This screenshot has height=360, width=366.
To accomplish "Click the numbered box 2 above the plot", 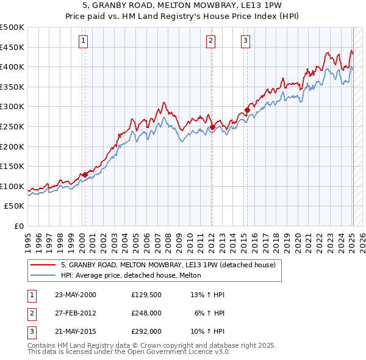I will click(x=210, y=41).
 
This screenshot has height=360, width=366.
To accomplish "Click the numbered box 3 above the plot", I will click(x=245, y=41).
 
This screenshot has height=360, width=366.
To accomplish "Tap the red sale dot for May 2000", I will click(x=85, y=175).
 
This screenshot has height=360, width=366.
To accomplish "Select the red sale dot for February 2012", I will click(x=212, y=127).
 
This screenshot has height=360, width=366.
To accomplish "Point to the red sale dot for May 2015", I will click(x=247, y=110).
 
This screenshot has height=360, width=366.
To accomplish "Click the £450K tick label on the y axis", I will click(x=12, y=47).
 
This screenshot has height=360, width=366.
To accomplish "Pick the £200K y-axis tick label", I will click(x=12, y=146).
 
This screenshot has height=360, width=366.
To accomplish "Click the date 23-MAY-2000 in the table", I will click(x=75, y=295).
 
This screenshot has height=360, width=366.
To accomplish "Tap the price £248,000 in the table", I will click(x=146, y=313).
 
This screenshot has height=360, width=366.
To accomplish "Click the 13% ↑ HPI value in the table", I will click(x=207, y=295).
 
